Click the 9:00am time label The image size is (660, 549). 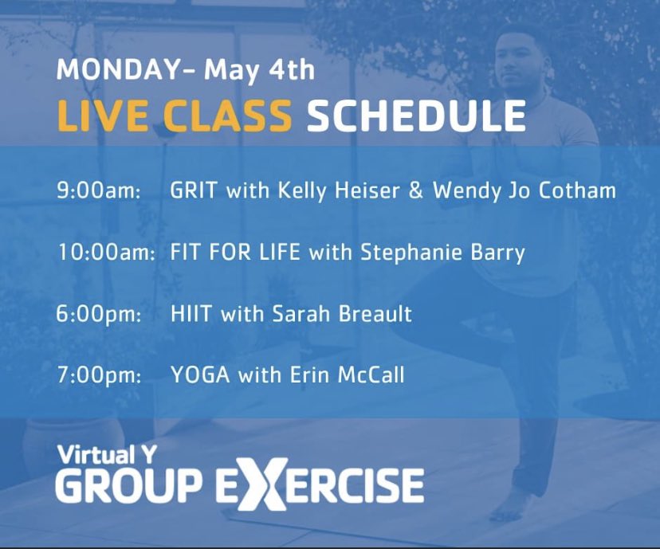pyautogui.click(x=98, y=192)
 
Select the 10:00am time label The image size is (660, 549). pyautogui.click(x=107, y=253)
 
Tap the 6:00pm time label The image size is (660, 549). pyautogui.click(x=100, y=314)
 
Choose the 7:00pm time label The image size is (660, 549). pyautogui.click(x=100, y=374)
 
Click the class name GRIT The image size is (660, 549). pyautogui.click(x=194, y=192)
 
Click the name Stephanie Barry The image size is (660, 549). pyautogui.click(x=443, y=253)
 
